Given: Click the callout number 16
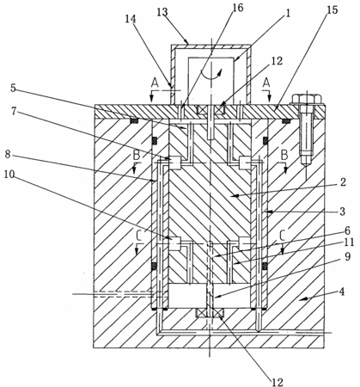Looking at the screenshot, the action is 237,9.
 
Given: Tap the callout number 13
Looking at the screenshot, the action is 162,12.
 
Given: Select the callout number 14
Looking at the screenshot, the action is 131,19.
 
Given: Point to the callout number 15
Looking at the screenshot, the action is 333,10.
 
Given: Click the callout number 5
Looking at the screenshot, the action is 13,88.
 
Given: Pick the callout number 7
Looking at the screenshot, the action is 15,111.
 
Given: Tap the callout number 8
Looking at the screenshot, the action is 8,155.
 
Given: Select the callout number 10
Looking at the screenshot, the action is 9,174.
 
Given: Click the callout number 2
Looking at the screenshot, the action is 343,182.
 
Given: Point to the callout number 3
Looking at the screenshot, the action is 343,212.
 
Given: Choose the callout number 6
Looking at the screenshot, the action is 347,230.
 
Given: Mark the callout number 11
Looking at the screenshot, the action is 349,243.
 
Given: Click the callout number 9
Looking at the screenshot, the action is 347,256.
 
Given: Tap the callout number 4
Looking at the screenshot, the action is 342,292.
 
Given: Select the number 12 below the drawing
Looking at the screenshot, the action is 278,382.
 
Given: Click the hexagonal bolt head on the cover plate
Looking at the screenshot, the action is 307,99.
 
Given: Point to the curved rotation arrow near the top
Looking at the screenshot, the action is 211,73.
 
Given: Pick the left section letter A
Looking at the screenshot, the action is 155,83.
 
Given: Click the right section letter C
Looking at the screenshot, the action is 283,236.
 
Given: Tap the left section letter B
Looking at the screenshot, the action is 137,156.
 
